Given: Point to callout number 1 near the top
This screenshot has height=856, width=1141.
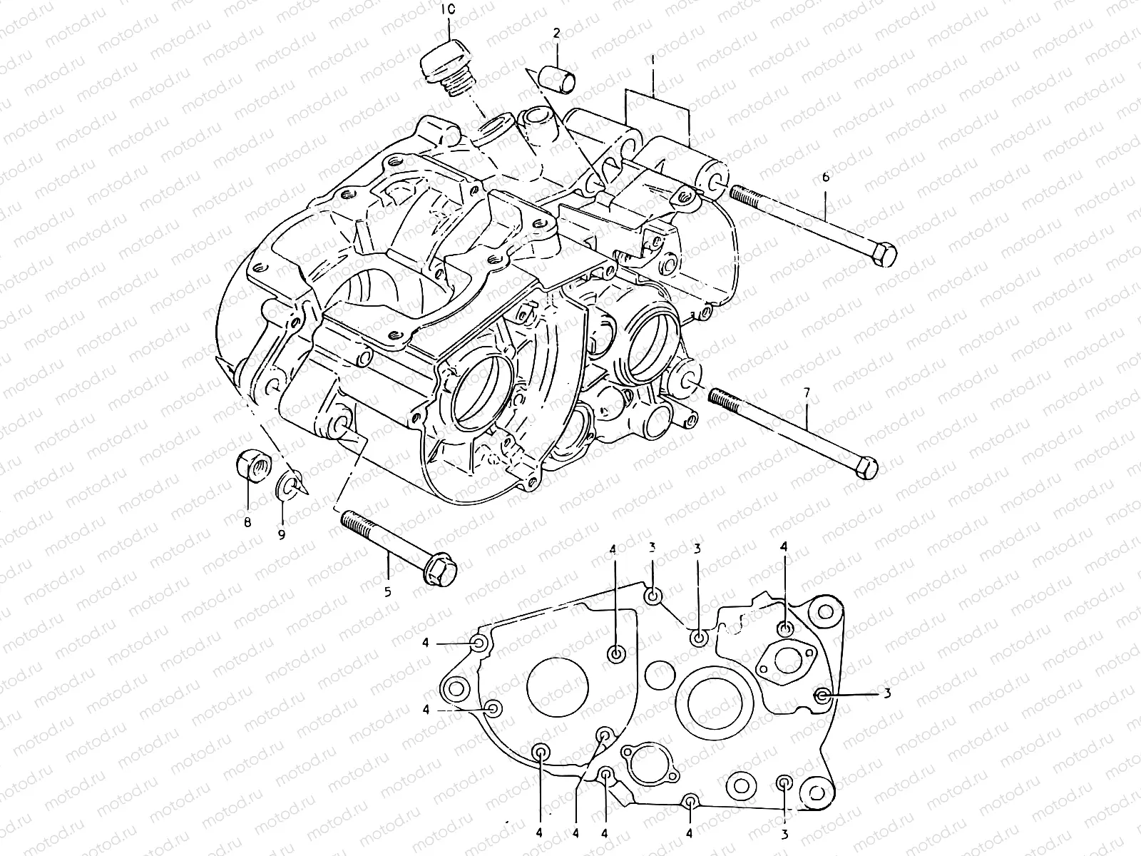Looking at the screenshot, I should click(653, 62).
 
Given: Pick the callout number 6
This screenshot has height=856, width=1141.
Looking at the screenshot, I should click(825, 176).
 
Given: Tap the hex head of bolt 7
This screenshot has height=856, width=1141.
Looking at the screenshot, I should click(866, 468).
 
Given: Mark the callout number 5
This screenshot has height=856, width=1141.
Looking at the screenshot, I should click(389, 591).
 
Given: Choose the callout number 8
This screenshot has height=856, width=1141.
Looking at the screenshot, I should click(247, 522).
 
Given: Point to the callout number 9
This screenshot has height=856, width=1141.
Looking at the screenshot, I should click(282, 534).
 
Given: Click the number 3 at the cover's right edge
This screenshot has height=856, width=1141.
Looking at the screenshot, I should click(887, 693).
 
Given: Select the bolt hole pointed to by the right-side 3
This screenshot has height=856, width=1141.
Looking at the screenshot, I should click(822, 695).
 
